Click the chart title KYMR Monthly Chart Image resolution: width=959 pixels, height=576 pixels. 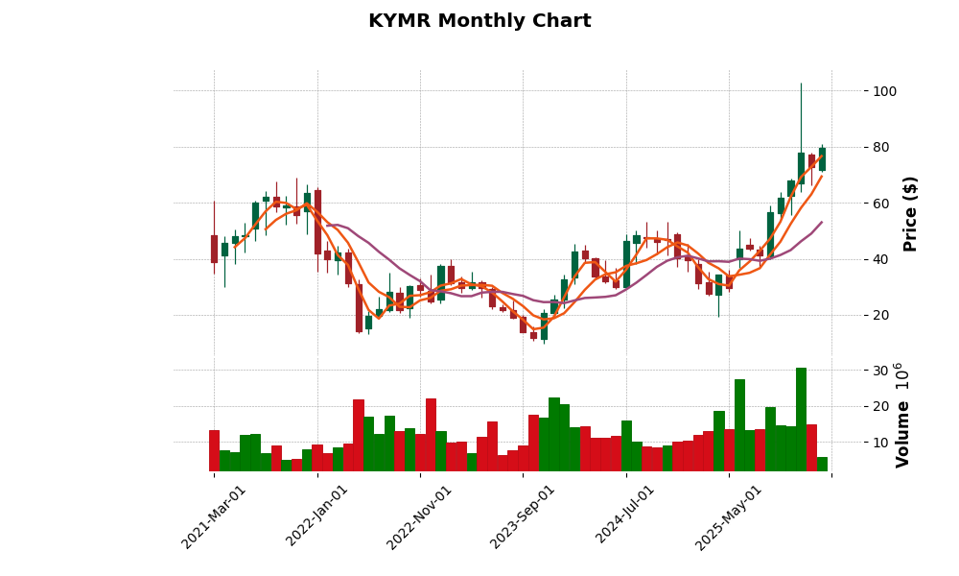tap(479, 21)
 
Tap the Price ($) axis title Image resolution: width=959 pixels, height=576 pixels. tap(910, 213)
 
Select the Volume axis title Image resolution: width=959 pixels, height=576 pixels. tap(902, 415)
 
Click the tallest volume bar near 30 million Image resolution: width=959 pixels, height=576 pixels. tap(801, 420)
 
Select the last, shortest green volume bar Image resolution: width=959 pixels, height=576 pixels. tap(822, 465)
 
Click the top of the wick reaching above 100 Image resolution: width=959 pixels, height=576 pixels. tap(801, 84)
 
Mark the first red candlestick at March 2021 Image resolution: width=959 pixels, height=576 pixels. tap(214, 249)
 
